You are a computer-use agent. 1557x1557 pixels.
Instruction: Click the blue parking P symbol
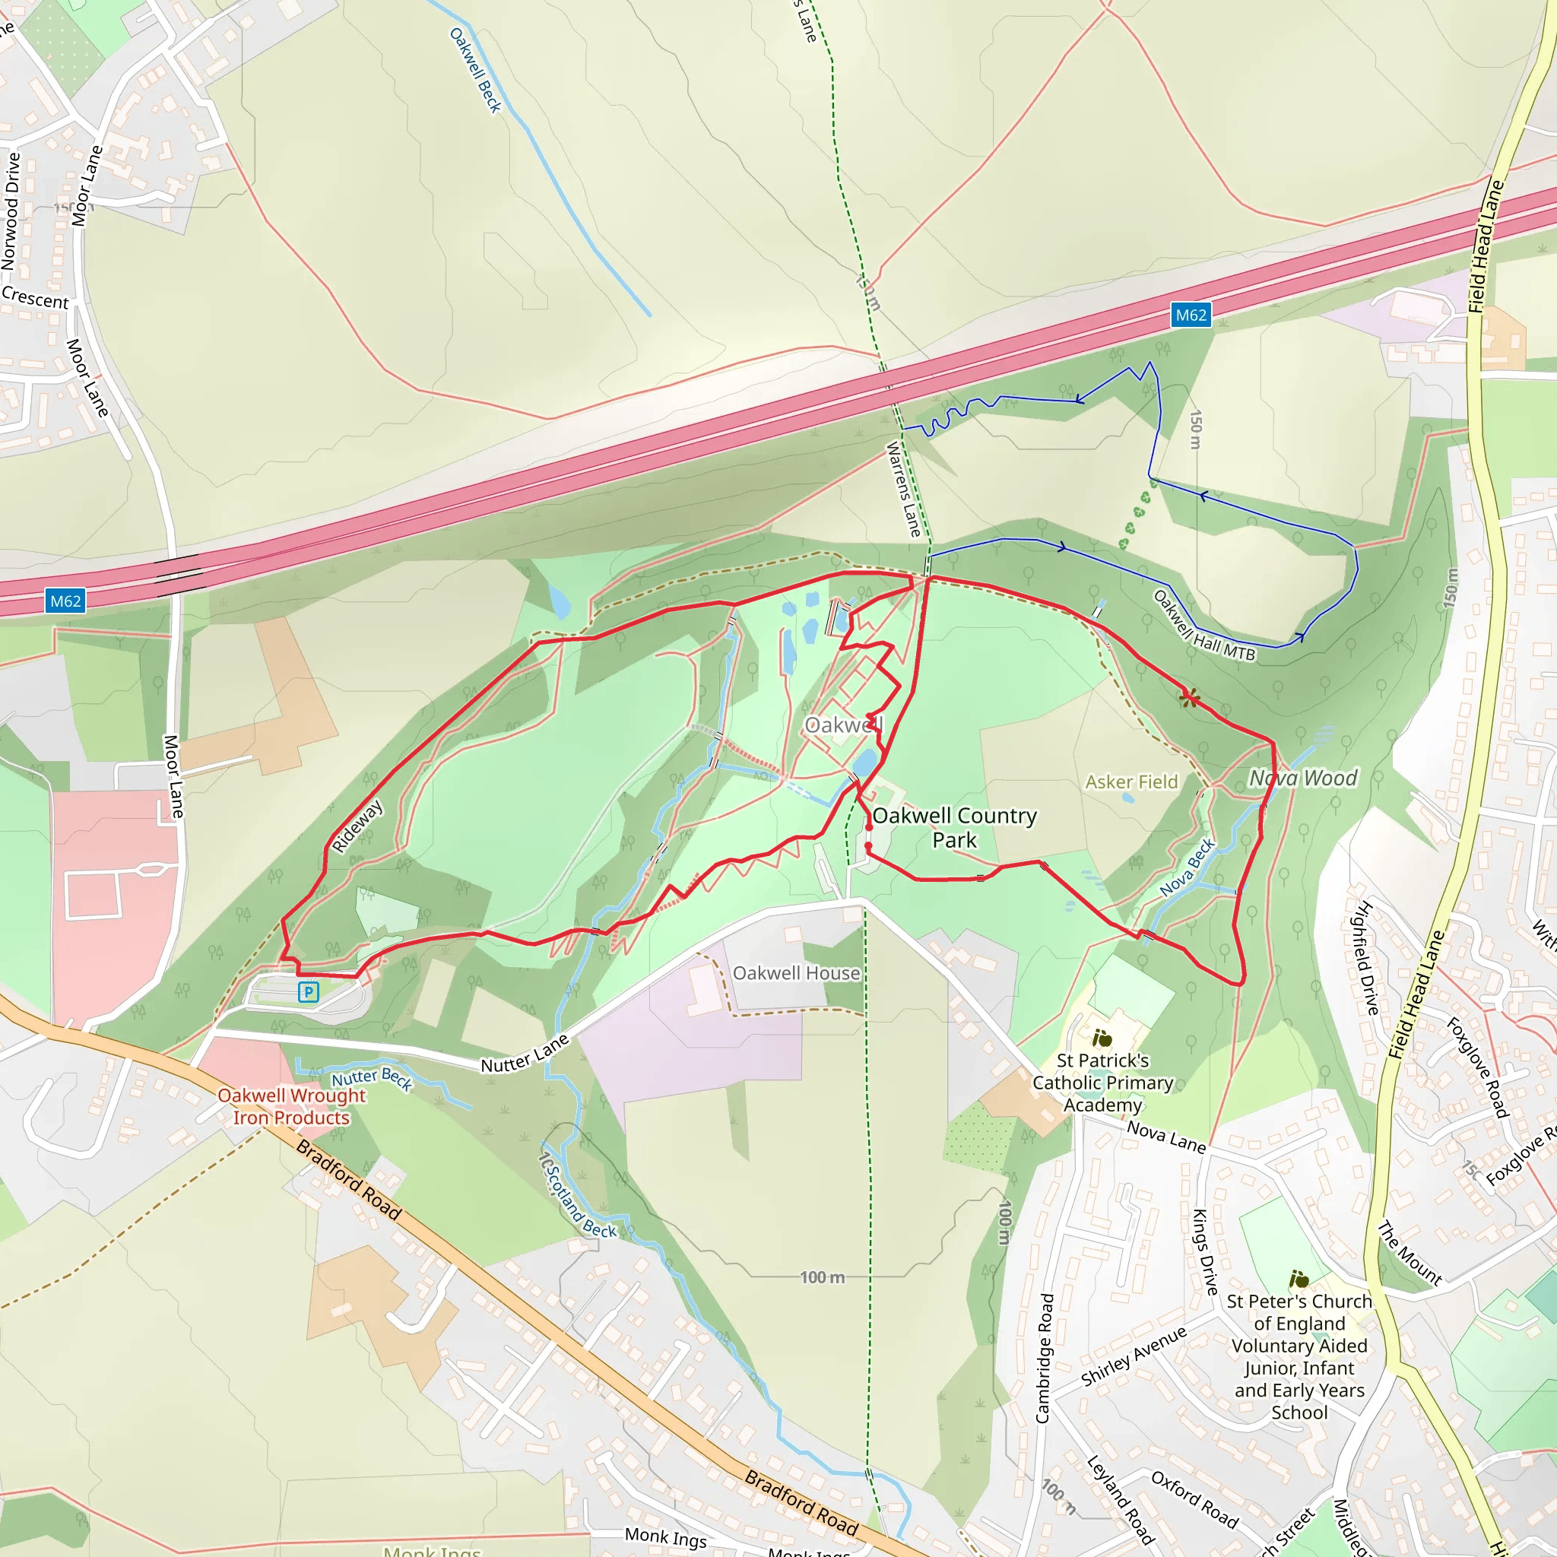308,992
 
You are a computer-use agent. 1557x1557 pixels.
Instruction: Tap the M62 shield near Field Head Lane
1191,315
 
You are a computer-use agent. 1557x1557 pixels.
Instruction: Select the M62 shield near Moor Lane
66,601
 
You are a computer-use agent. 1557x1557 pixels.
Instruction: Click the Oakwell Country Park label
954,828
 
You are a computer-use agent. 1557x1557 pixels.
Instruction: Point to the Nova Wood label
1302,778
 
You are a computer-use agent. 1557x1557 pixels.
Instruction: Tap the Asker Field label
1130,782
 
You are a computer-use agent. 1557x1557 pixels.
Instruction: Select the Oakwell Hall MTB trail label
1204,626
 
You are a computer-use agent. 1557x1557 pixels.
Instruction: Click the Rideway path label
357,826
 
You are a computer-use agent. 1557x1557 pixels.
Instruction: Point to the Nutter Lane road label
525,1053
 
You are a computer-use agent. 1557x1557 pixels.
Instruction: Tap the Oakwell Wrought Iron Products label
291,1106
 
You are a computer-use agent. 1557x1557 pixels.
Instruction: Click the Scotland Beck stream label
577,1196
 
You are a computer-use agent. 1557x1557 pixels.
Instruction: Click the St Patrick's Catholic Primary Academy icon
1102,1039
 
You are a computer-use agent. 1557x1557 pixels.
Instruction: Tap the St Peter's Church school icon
1299,1279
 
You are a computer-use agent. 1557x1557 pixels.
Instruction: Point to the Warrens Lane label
903,489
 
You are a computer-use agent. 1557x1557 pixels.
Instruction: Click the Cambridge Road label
1044,1358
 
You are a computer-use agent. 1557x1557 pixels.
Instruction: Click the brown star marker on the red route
1189,698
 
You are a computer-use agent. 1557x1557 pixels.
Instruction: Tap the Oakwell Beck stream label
474,70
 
